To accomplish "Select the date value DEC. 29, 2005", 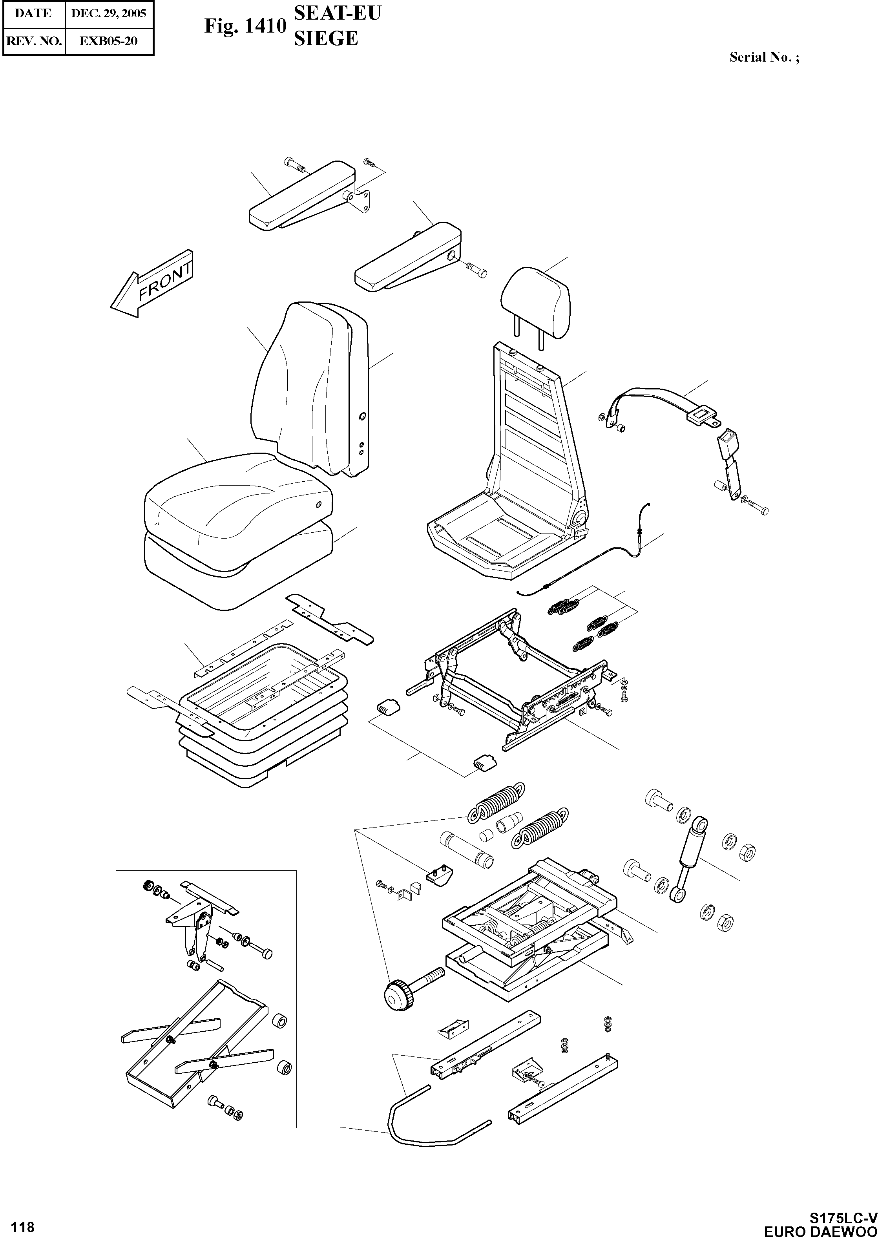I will [109, 13].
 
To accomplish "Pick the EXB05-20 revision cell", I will [109, 40].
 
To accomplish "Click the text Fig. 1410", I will [245, 26].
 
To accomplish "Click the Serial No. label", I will [763, 57].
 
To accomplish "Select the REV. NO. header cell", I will [33, 40].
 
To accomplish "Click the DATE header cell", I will [33, 13].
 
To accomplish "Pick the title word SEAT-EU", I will [337, 13].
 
